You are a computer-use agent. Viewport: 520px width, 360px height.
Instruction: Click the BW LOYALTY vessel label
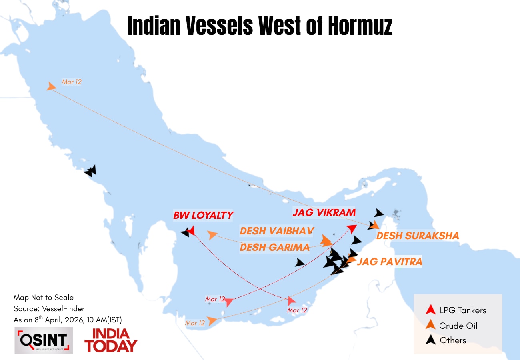coord(203,215)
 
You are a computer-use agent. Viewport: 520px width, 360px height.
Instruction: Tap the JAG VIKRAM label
coord(324,212)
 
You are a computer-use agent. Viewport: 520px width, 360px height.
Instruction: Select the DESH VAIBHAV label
coord(277,231)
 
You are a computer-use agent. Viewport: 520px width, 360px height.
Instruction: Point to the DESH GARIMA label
coord(274,247)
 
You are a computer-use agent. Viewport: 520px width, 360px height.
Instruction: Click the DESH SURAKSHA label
coord(418,236)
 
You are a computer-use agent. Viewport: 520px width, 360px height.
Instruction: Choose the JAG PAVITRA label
coord(389,262)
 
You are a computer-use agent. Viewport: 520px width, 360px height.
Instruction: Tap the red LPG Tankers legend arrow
coord(430,309)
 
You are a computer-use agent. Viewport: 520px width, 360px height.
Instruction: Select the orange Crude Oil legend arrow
coord(430,325)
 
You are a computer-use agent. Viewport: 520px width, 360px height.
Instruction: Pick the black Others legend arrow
coord(430,340)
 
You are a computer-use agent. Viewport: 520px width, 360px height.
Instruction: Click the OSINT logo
coord(44,340)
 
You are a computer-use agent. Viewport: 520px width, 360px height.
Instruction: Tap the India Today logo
coord(110,340)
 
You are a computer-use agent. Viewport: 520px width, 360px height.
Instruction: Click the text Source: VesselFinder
coord(49,308)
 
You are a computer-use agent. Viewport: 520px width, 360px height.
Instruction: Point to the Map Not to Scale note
coord(44,298)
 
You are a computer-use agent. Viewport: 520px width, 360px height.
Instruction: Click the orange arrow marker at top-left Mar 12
coord(51,86)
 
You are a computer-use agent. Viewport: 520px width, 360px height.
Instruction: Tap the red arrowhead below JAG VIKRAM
coord(352,228)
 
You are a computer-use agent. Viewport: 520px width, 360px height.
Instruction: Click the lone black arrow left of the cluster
coord(300,262)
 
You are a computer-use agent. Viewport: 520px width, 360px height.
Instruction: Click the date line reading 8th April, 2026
coord(68,320)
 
